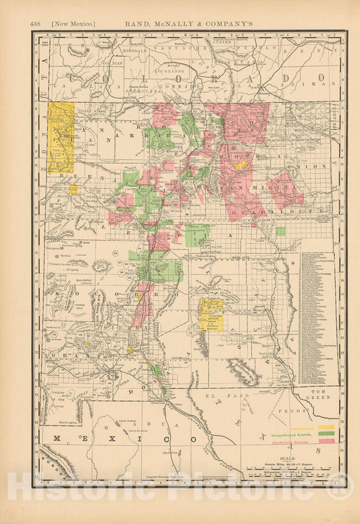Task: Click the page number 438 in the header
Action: tap(36, 24)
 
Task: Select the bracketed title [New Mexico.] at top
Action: tap(73, 24)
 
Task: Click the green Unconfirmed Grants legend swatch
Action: tap(326, 434)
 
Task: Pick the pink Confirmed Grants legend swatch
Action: tap(326, 441)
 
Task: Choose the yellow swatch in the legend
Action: tap(326, 427)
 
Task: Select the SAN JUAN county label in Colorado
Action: tap(113, 63)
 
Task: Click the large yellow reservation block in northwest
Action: tap(61, 137)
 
